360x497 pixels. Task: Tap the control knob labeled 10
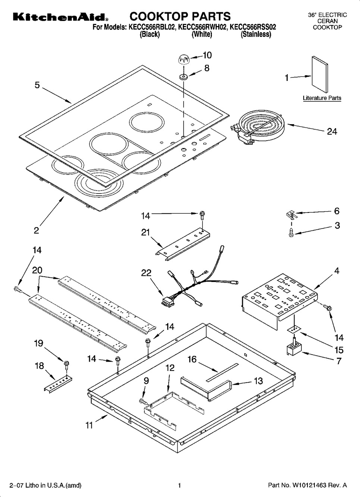[183, 59]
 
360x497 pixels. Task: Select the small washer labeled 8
[183, 77]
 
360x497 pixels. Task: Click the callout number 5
[37, 85]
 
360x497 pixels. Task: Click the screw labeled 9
[143, 401]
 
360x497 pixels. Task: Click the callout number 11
[89, 425]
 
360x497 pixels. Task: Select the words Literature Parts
[322, 98]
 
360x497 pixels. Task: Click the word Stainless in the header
[256, 35]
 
